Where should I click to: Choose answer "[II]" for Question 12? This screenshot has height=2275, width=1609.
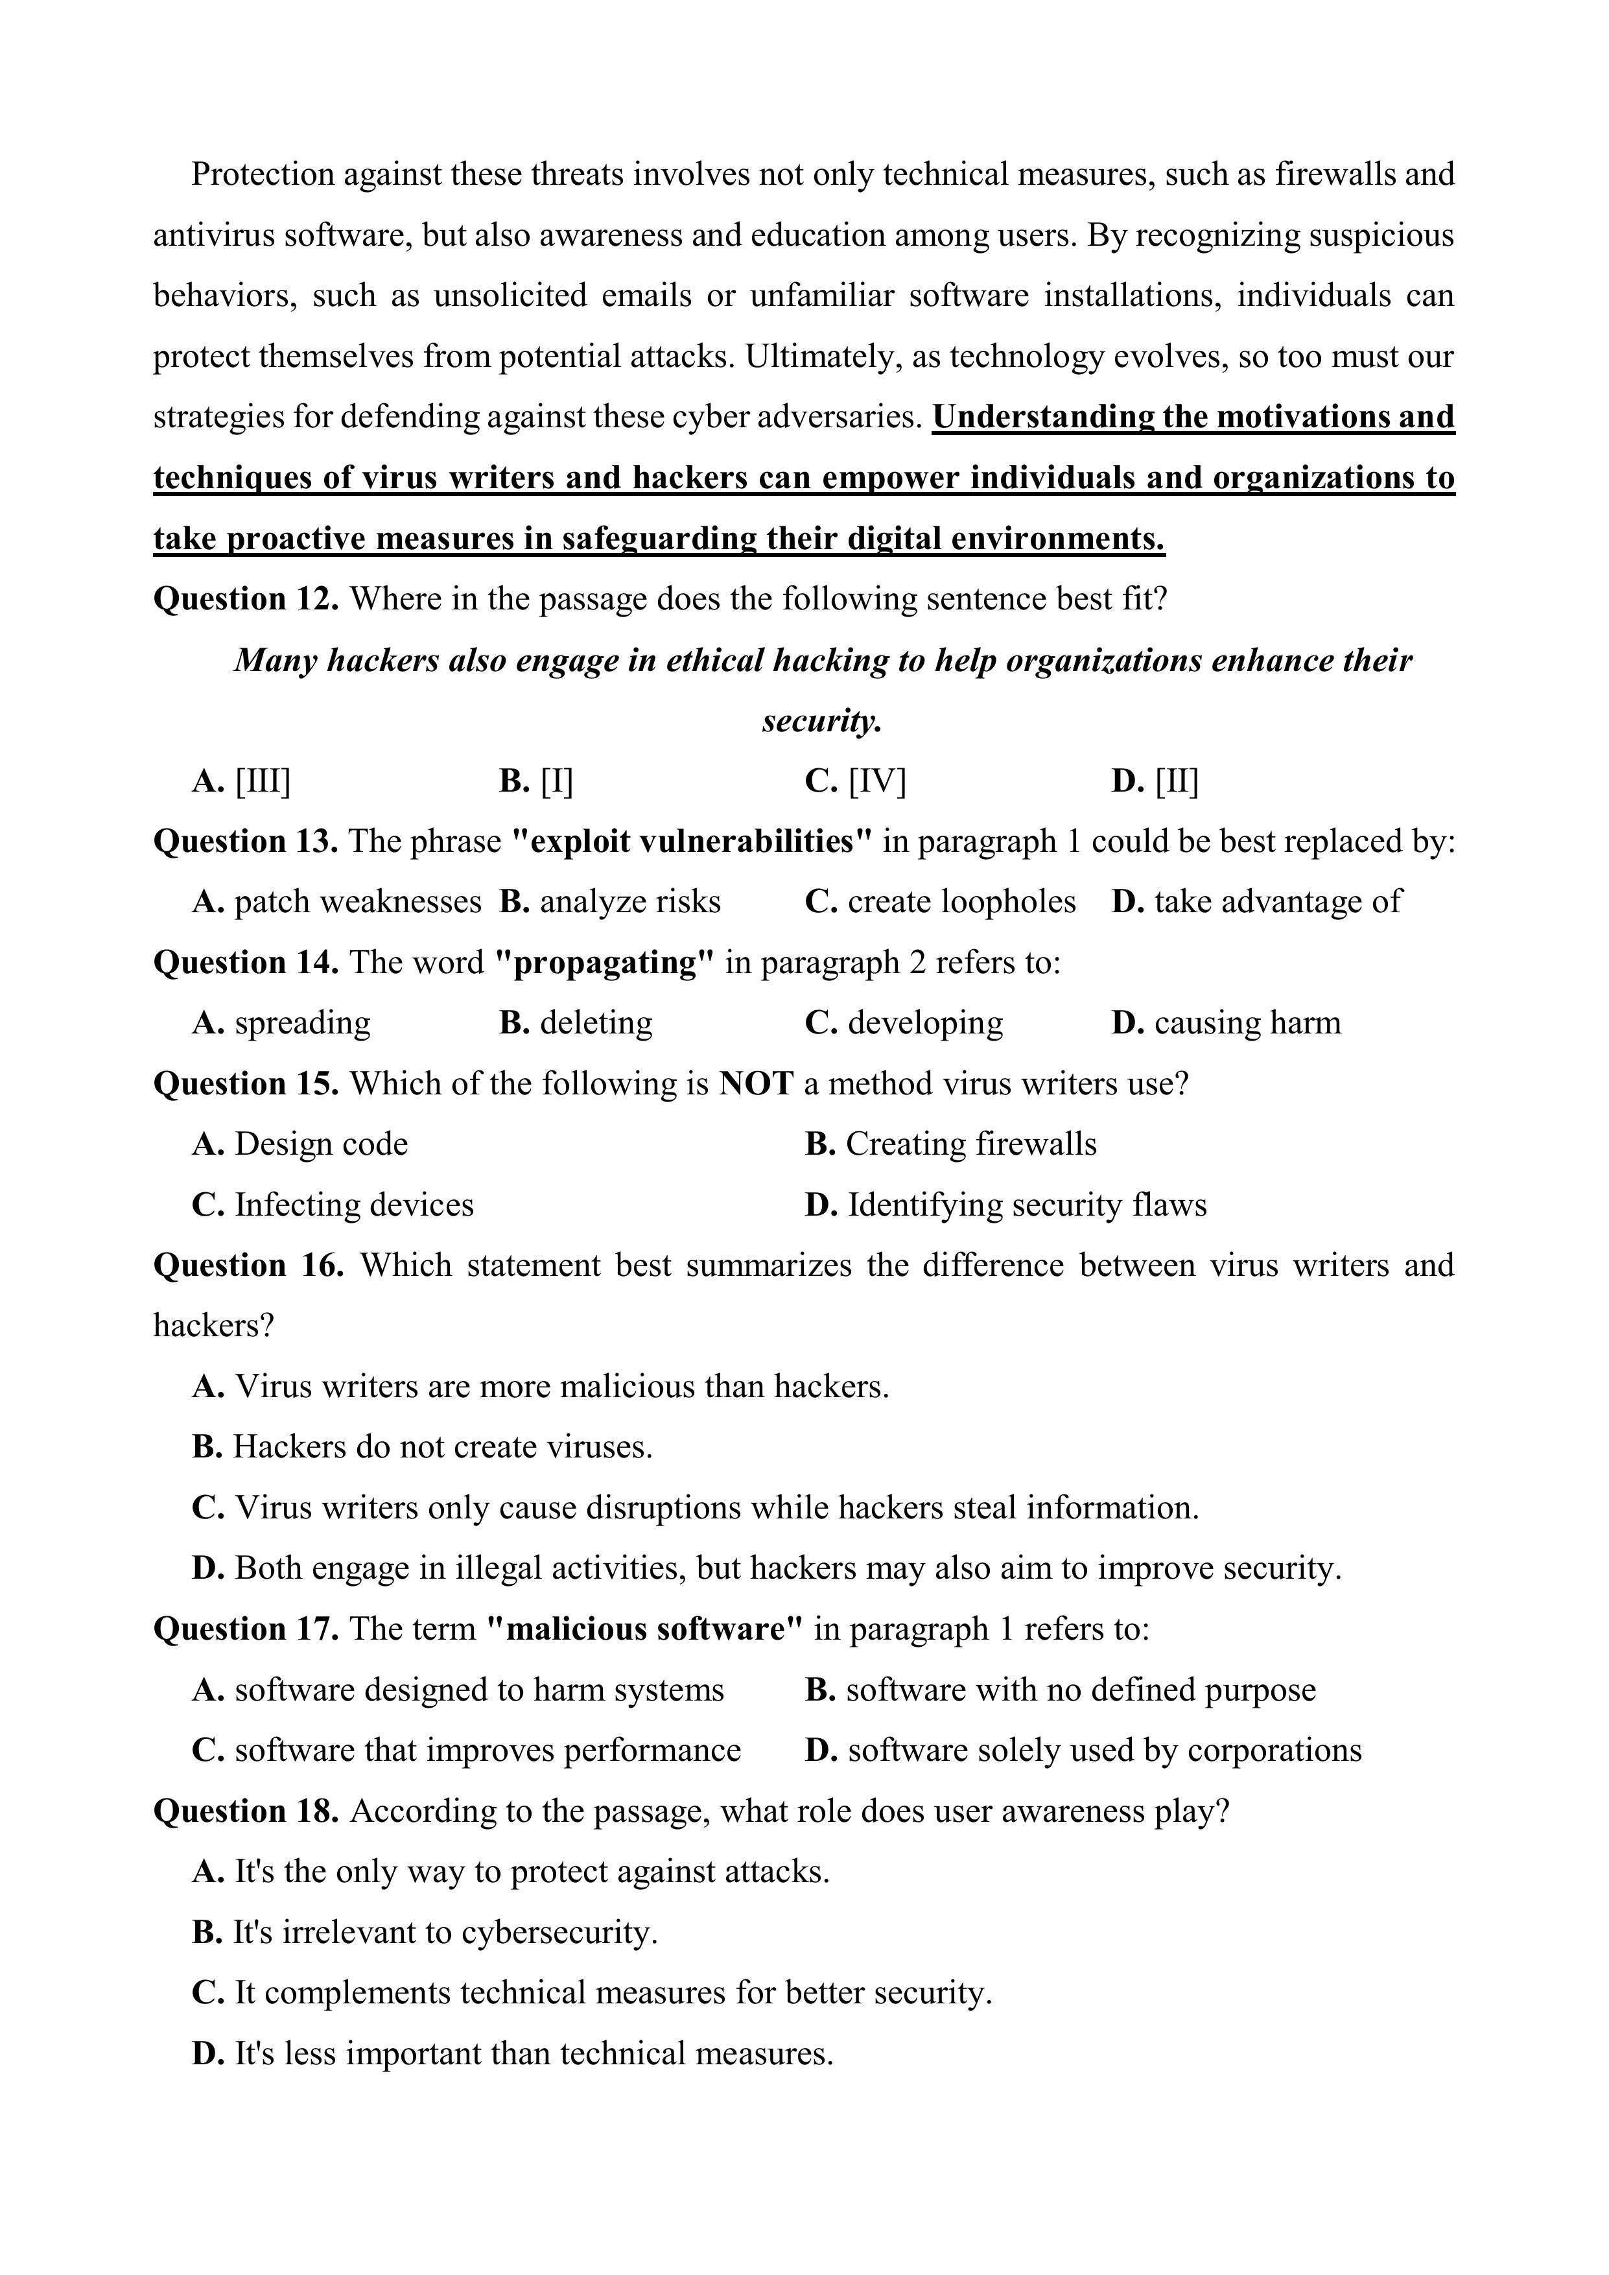1175,782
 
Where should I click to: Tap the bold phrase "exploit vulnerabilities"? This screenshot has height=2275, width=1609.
692,842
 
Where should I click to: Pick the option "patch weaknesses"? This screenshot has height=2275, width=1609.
357,902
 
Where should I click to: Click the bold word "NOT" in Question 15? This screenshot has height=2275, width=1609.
756,1084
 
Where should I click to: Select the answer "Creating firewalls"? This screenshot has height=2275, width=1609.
970,1144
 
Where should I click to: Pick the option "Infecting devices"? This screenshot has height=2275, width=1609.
354,1205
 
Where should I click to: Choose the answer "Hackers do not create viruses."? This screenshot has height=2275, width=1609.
442,1448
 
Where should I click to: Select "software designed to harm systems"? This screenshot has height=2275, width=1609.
478,1690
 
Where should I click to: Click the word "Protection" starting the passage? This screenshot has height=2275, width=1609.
263,174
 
